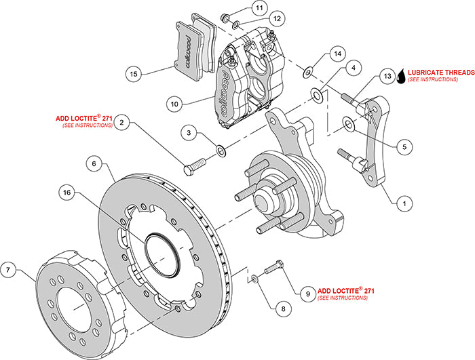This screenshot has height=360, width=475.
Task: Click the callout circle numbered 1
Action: [404, 201]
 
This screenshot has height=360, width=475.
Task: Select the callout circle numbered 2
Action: [122, 123]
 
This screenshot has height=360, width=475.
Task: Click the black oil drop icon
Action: [402, 76]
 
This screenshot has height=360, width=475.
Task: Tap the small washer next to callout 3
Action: [221, 148]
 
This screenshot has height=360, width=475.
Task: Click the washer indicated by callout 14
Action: [309, 70]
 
